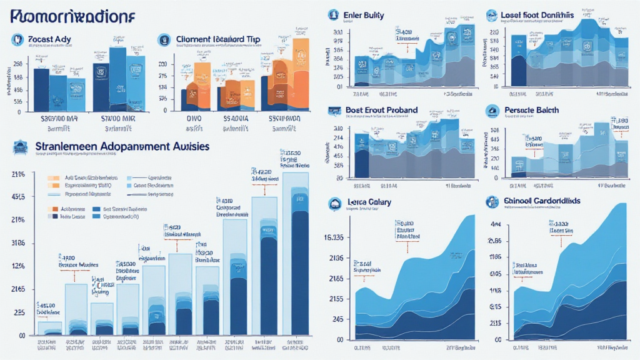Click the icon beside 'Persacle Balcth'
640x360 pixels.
(492, 111)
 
